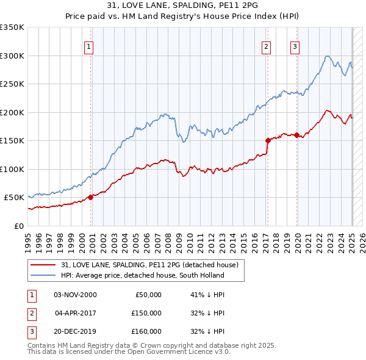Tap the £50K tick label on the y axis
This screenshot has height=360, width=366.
click(x=15, y=198)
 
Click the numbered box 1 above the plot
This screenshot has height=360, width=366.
click(x=89, y=46)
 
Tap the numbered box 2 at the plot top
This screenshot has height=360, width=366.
click(x=267, y=46)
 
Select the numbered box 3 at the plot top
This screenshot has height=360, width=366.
click(x=295, y=46)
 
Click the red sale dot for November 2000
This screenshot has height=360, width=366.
click(x=91, y=197)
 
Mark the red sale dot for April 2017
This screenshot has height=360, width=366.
click(x=267, y=140)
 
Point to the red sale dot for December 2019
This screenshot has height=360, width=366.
click(x=297, y=135)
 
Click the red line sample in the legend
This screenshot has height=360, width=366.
click(x=43, y=265)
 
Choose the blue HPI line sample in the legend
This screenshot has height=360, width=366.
click(x=43, y=275)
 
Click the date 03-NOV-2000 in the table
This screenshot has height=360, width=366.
click(x=75, y=295)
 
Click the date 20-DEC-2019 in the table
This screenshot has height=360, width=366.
click(x=75, y=331)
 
